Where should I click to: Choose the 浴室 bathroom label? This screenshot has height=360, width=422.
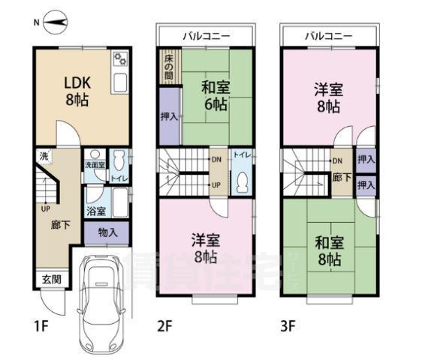click(x=95, y=211)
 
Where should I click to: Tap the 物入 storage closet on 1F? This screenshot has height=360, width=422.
click(x=108, y=232)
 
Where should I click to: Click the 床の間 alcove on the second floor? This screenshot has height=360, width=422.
click(x=169, y=66)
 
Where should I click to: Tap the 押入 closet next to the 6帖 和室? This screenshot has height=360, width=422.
click(x=169, y=116)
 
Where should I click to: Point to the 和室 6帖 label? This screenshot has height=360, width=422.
click(x=216, y=96)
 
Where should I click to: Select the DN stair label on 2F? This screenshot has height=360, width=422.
click(x=216, y=159)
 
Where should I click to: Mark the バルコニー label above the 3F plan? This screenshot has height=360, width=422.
click(x=329, y=34)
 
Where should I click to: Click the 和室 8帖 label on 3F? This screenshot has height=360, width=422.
click(x=330, y=251)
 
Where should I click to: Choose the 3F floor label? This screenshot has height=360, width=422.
click(x=290, y=327)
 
